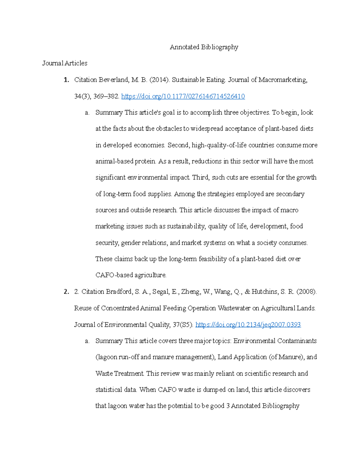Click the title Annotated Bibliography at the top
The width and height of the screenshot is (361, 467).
[204, 47]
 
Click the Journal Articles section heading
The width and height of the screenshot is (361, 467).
[65, 63]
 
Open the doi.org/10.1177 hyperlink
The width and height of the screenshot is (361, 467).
[183, 96]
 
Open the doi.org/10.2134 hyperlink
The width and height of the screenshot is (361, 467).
[248, 325]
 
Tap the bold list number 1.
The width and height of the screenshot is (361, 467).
[66, 80]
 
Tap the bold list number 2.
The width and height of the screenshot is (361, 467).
[66, 292]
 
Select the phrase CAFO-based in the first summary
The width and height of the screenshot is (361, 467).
[114, 275]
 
